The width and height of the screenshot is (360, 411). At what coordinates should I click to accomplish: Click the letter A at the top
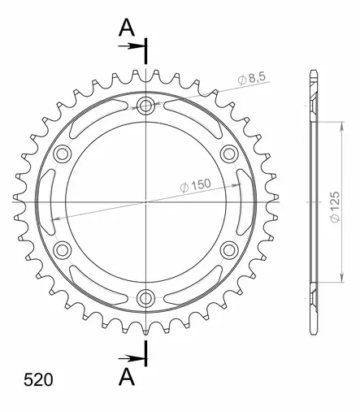tap(127, 28)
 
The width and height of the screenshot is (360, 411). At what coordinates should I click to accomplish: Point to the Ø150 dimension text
tap(195, 184)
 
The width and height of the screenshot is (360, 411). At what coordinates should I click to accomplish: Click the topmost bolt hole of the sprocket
tap(146, 106)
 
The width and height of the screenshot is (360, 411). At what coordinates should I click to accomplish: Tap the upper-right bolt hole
tap(228, 154)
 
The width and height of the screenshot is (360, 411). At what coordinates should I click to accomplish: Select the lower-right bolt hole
tap(228, 249)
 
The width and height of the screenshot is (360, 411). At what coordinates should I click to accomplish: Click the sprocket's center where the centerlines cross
tap(146, 201)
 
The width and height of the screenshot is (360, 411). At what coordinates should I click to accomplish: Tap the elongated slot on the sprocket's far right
tap(241, 201)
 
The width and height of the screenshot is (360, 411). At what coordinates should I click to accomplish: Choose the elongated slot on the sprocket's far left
tap(51, 201)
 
